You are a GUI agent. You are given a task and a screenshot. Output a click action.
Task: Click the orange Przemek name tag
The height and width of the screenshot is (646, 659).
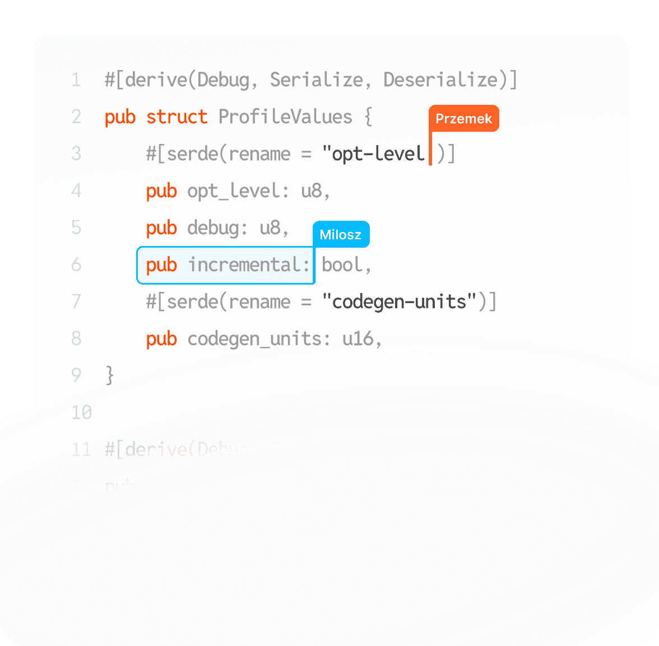coord(463,119)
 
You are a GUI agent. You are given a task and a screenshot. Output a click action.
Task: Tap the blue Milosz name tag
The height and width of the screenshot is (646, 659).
coord(341,235)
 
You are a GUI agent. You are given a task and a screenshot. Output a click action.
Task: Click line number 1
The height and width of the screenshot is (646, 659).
coord(77,80)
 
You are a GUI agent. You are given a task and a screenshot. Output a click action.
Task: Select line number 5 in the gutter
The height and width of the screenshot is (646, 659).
coord(77,228)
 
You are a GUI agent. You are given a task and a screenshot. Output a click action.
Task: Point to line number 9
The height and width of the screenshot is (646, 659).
coord(77,375)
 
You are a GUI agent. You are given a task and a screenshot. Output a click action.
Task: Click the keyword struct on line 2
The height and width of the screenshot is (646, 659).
coord(177,117)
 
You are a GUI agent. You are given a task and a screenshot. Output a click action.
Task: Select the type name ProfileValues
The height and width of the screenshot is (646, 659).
coord(285,117)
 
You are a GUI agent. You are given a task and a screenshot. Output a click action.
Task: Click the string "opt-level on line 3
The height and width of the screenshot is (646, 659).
coord(373,154)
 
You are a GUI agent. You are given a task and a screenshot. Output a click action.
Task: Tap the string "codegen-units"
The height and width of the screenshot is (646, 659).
coord(399,302)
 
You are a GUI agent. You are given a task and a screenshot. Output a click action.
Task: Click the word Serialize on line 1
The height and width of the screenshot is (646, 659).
coord(316,80)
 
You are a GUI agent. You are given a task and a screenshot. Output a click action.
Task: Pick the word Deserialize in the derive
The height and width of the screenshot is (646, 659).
coord(440,80)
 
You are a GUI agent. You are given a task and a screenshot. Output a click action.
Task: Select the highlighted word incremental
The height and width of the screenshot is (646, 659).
coord(249,265)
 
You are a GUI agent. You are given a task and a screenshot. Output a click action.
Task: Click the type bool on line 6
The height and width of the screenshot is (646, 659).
coord(342,265)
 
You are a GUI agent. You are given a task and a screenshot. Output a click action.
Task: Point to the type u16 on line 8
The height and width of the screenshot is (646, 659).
coord(358,339)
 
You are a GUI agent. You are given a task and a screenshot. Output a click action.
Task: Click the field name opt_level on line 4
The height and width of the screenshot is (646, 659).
coord(233,191)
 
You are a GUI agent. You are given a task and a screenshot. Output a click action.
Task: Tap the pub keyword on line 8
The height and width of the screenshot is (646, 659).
coord(161,339)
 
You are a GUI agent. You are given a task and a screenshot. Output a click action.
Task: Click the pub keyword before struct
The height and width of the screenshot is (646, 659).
coord(120,117)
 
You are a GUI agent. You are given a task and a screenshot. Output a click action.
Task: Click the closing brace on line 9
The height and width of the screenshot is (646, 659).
coord(110,375)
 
